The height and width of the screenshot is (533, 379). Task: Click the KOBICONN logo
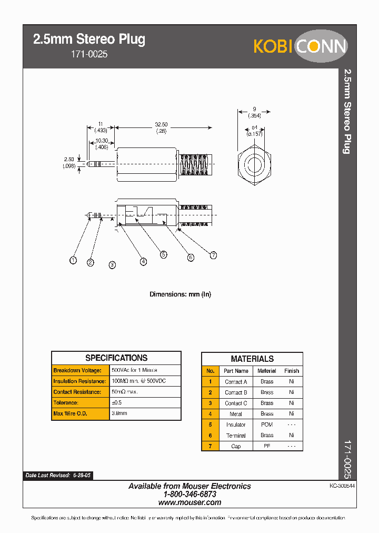[x=300, y=46]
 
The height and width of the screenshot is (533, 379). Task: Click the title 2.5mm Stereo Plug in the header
[x=89, y=39]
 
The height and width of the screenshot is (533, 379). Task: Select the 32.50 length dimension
[x=161, y=125]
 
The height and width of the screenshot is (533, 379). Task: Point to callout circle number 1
[x=73, y=260]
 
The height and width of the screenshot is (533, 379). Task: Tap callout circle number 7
[x=213, y=255]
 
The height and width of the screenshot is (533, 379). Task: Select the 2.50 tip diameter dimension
[x=69, y=159]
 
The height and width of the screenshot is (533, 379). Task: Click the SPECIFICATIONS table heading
[x=116, y=358]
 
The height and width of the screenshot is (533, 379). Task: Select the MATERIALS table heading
[x=252, y=359]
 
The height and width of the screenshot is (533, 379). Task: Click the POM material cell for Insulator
[x=267, y=425]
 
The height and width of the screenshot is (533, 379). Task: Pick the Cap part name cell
[x=236, y=446]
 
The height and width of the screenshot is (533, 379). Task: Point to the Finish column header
[x=291, y=371]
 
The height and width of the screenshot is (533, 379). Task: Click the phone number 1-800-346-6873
[x=189, y=495]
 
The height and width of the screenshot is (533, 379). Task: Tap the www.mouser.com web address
[x=189, y=502]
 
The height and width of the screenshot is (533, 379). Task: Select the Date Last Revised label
[x=47, y=475]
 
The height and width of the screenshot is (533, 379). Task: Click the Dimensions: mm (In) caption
[x=180, y=294]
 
